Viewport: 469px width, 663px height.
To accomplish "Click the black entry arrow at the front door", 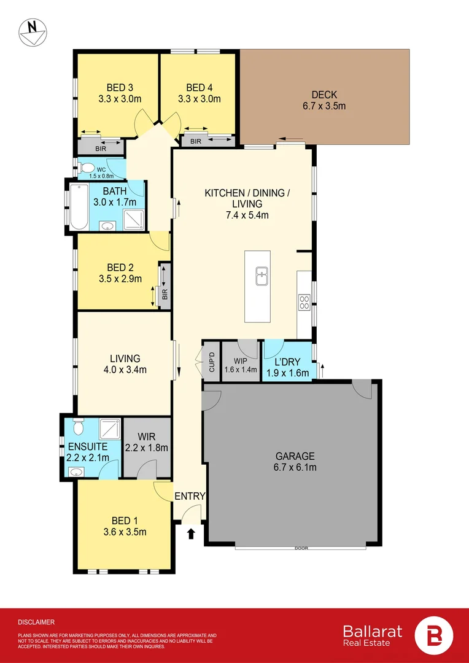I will point(190,533).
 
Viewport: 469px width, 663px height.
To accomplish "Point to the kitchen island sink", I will point(262,277).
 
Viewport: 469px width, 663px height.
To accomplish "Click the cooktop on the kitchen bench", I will point(304,301).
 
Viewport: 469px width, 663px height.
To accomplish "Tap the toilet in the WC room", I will point(87,168).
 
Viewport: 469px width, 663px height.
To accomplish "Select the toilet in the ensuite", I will point(77,427).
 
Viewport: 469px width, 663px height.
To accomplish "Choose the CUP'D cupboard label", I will point(211,362).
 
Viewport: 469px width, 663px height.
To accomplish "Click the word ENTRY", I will point(190,496).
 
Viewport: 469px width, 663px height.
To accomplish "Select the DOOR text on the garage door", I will point(301,548).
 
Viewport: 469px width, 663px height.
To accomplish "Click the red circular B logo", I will point(434,635).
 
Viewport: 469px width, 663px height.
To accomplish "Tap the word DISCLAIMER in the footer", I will point(36,622).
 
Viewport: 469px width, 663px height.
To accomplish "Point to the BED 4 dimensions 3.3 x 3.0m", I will point(199,98).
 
